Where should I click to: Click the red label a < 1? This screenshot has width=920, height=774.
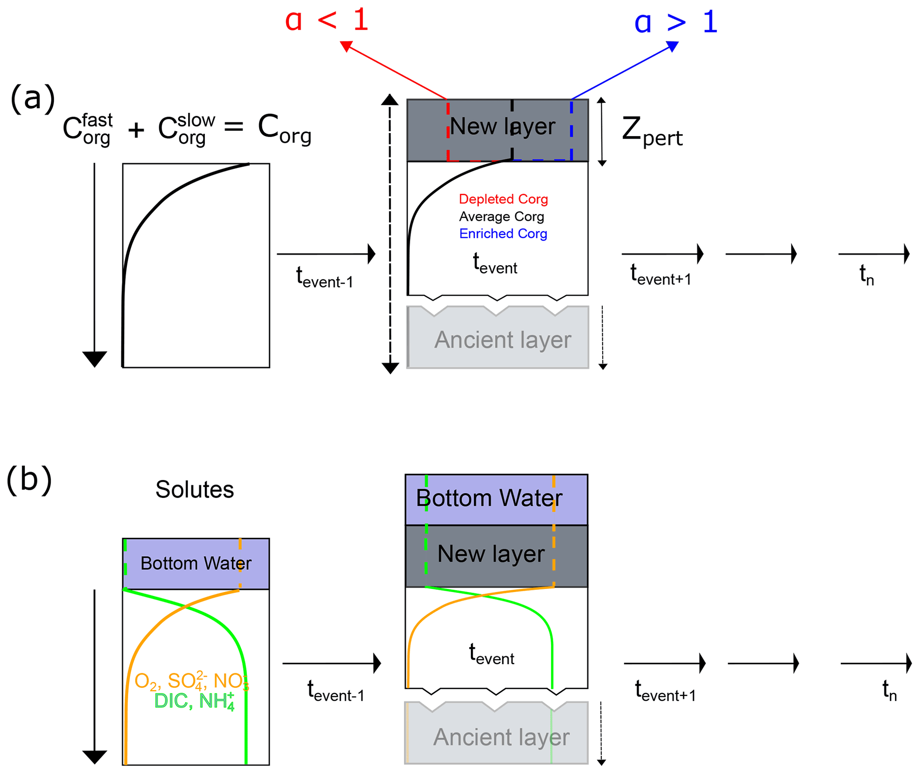click(327, 21)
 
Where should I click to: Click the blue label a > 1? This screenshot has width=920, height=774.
click(675, 22)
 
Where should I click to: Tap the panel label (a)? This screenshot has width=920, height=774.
click(32, 98)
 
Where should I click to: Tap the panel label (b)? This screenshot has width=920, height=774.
click(29, 480)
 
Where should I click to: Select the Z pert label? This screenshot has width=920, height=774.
click(652, 131)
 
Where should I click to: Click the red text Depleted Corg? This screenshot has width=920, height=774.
click(503, 199)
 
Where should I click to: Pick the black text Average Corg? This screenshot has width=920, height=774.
click(501, 216)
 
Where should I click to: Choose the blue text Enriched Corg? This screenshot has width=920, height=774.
click(503, 234)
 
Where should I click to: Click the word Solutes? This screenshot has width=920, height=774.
click(195, 489)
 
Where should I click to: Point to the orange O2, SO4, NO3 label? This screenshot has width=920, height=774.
click(191, 681)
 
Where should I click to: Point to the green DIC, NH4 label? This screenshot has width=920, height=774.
click(194, 701)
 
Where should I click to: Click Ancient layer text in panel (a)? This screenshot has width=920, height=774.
click(502, 340)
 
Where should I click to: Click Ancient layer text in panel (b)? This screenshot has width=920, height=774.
click(501, 738)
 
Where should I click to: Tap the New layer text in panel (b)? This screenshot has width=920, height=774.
click(490, 554)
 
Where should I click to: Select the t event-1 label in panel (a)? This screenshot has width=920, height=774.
click(324, 278)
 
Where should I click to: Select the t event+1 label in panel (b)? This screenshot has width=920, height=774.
click(665, 691)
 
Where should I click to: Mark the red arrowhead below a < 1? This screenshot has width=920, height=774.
click(346, 46)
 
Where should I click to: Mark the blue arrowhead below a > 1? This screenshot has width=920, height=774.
click(673, 46)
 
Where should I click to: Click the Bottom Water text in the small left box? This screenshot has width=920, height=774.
click(196, 564)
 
